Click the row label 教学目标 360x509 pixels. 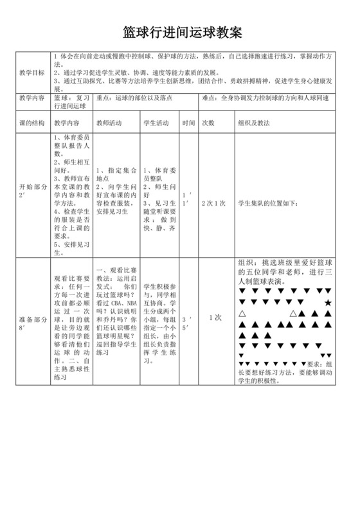[32, 72]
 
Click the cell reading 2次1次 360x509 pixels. [213, 203]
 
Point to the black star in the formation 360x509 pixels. [328, 302]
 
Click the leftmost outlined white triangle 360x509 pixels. [242, 314]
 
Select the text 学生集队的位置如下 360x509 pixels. [268, 203]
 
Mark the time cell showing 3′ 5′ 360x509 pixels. [188, 323]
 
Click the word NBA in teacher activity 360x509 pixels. [132, 303]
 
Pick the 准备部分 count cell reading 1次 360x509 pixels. [215, 317]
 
